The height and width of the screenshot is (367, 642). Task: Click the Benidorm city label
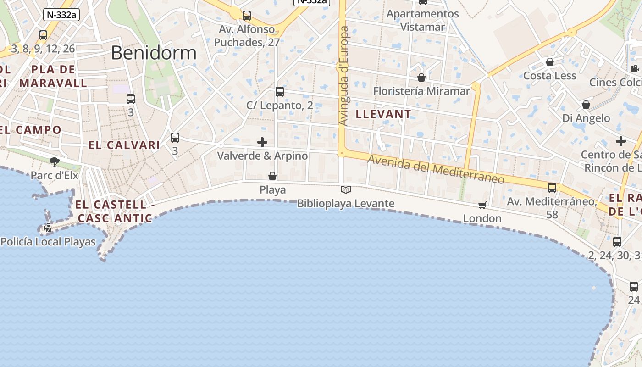(154, 53)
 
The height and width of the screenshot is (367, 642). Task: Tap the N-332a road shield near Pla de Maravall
(61, 14)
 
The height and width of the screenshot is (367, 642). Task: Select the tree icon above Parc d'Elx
(55, 161)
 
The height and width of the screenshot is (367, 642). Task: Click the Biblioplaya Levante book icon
(346, 189)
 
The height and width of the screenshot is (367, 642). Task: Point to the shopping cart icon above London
(482, 205)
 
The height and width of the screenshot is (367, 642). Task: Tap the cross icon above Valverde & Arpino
(262, 142)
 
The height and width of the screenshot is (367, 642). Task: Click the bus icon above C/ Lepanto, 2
(280, 92)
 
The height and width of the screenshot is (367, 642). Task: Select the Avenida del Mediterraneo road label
(436, 169)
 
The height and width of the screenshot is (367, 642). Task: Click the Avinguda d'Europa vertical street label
(344, 76)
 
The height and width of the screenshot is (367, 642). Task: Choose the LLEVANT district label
(384, 114)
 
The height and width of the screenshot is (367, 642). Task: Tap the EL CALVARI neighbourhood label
(124, 145)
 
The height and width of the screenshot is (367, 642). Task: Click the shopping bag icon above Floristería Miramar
(421, 78)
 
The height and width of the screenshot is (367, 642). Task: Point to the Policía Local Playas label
(48, 242)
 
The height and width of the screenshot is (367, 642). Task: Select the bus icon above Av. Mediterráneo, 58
(552, 188)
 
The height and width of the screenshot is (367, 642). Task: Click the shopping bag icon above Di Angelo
(586, 105)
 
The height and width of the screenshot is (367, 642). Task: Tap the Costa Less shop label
(549, 76)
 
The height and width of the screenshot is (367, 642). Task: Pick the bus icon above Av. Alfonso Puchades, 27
(247, 16)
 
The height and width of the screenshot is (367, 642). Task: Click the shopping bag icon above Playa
(272, 176)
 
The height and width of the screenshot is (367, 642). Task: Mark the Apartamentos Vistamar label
(422, 20)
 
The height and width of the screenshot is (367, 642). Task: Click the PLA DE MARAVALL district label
(53, 76)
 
